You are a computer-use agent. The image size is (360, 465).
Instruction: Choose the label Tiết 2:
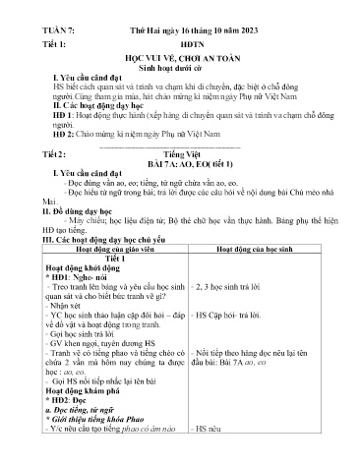41,154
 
